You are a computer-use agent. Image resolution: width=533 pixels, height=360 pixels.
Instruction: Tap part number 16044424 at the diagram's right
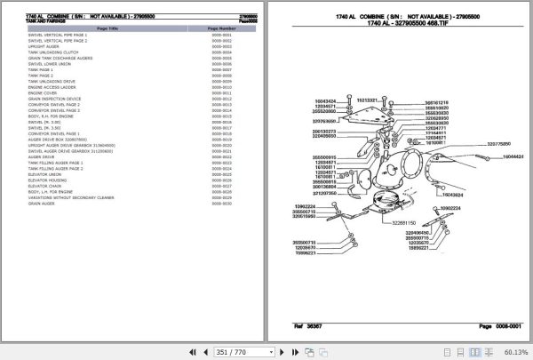point(513,156)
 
